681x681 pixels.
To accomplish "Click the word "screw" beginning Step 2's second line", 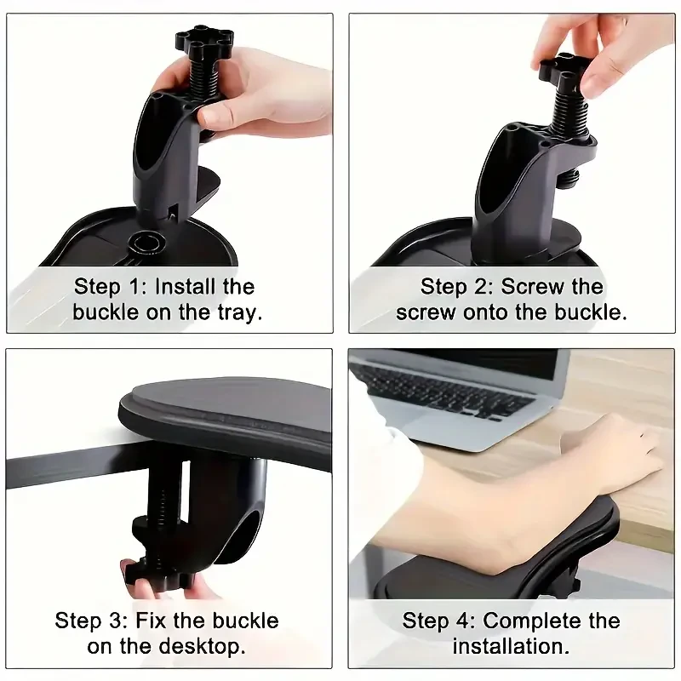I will (x=426, y=312).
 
